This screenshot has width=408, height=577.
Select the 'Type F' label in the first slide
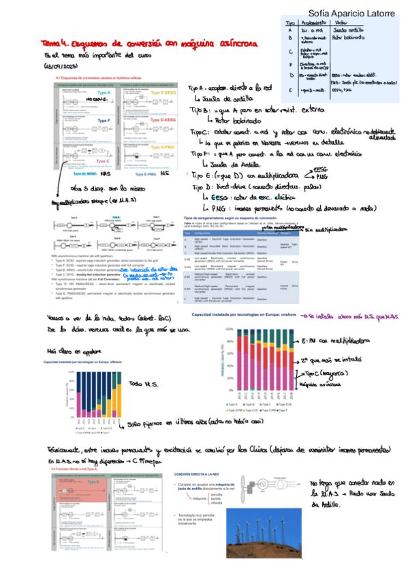pyautogui.click(x=104, y=120)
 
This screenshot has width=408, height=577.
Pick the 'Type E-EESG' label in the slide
pyautogui.click(x=161, y=93)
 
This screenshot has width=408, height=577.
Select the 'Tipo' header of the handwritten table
pyautogui.click(x=289, y=23)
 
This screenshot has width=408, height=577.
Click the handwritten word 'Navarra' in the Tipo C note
pyautogui.click(x=255, y=144)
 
